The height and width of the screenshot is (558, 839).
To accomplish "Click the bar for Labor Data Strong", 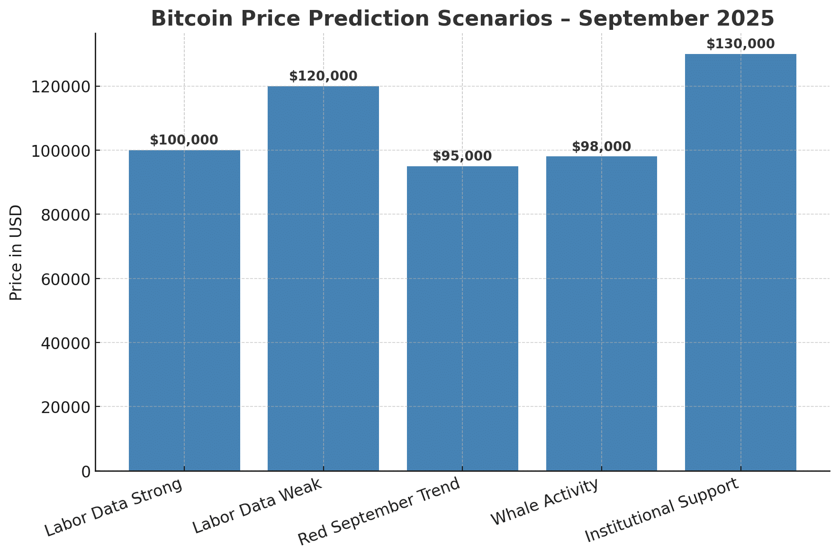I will click(184, 310).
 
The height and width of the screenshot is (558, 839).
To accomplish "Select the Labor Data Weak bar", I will click(323, 279).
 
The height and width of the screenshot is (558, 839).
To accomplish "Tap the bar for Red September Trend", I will click(462, 318).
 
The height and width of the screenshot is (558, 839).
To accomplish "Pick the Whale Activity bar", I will click(601, 314).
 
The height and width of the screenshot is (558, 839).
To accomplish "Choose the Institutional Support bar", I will click(740, 262).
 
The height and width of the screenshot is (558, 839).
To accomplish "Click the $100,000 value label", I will click(184, 140).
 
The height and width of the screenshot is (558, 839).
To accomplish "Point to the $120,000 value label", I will click(323, 76).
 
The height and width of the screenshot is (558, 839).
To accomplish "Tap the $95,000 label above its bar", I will click(462, 156).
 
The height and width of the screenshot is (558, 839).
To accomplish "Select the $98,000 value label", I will click(601, 147).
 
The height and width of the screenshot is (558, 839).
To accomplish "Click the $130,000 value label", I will click(740, 44).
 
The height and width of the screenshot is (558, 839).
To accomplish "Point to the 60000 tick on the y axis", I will click(65, 279).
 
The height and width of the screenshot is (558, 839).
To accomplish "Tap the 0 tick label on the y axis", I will click(86, 471).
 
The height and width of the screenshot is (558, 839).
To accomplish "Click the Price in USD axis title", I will click(17, 252).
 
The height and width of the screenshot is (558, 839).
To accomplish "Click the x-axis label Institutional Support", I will click(661, 510).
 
